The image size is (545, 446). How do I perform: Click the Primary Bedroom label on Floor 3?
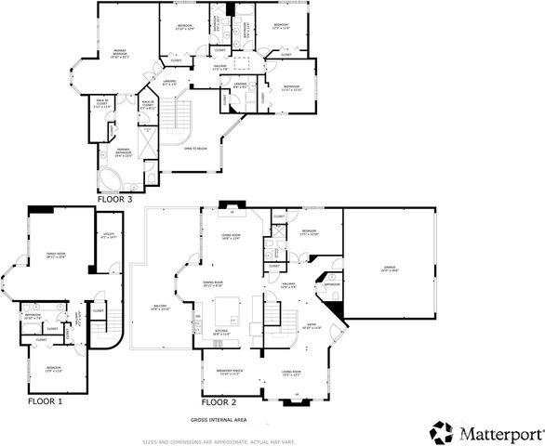pos(121,52)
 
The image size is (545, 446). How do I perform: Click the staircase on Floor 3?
pos(179,116)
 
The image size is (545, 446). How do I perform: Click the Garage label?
pos(389,269)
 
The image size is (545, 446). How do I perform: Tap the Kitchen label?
pos(222,330)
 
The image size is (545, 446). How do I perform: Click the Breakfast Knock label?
pos(229,371)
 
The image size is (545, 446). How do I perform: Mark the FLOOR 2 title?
pos(219,402)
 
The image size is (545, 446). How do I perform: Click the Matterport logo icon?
pos(441,429)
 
